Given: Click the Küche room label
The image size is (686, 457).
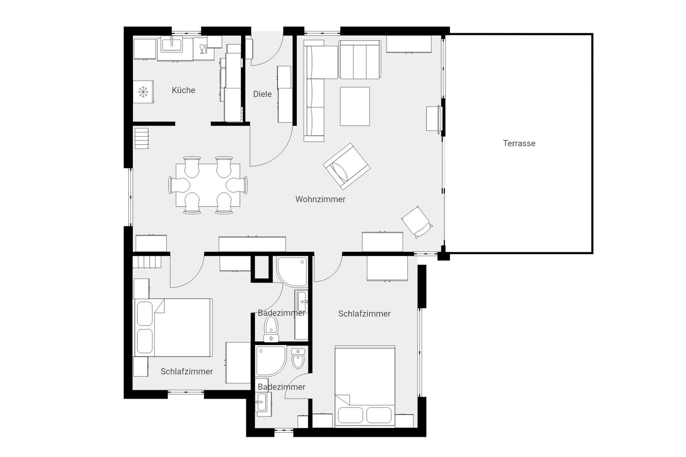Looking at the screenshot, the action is click(x=183, y=90).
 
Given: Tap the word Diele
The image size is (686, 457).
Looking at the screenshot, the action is click(x=262, y=94).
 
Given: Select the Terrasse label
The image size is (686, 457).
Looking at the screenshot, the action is click(x=519, y=143).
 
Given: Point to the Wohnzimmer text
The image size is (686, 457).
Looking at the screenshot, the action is click(x=320, y=199).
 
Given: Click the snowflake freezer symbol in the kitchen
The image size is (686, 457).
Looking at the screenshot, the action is click(x=143, y=92).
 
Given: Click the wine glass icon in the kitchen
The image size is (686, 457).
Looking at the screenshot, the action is click(x=202, y=49).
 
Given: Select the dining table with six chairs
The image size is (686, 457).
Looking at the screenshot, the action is click(x=208, y=185).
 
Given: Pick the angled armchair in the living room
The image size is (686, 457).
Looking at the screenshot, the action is click(x=347, y=166).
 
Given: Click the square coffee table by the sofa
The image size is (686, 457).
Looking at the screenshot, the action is click(x=354, y=106).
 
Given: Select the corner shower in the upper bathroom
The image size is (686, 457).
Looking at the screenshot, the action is click(x=292, y=272).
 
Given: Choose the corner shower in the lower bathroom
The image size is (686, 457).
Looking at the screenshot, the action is click(x=271, y=361).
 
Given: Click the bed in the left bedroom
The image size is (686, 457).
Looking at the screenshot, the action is click(x=173, y=328).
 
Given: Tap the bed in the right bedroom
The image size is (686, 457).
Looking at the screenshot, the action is click(x=365, y=386).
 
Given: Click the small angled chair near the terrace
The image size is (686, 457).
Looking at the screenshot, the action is click(x=417, y=222).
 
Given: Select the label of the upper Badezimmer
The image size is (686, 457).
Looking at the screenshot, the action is click(x=282, y=313).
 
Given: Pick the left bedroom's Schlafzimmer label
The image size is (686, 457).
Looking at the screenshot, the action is click(x=187, y=372).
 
